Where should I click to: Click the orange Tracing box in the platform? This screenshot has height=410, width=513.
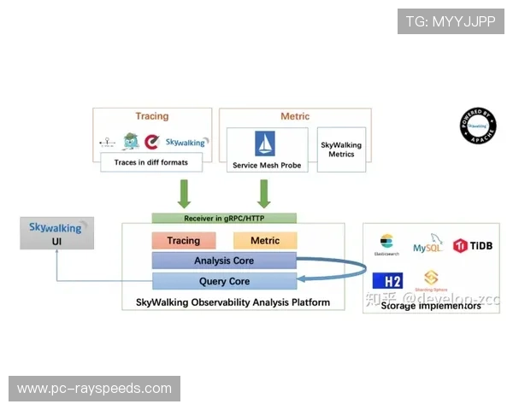183,241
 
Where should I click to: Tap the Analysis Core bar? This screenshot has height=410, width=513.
224,261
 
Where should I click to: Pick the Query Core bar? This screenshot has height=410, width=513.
224,281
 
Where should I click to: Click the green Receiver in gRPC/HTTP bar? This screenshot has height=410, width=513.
224,219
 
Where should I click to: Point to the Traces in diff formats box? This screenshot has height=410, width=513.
150,161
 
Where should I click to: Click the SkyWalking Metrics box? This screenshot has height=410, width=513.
341,149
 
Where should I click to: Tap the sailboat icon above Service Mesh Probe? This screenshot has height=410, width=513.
263,142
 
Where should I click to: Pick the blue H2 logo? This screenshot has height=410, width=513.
387,280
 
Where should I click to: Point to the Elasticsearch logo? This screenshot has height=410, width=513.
386,244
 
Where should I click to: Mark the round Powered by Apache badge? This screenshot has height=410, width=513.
477,125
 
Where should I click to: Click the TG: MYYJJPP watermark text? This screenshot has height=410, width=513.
451,21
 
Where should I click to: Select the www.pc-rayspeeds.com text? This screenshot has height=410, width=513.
95,389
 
